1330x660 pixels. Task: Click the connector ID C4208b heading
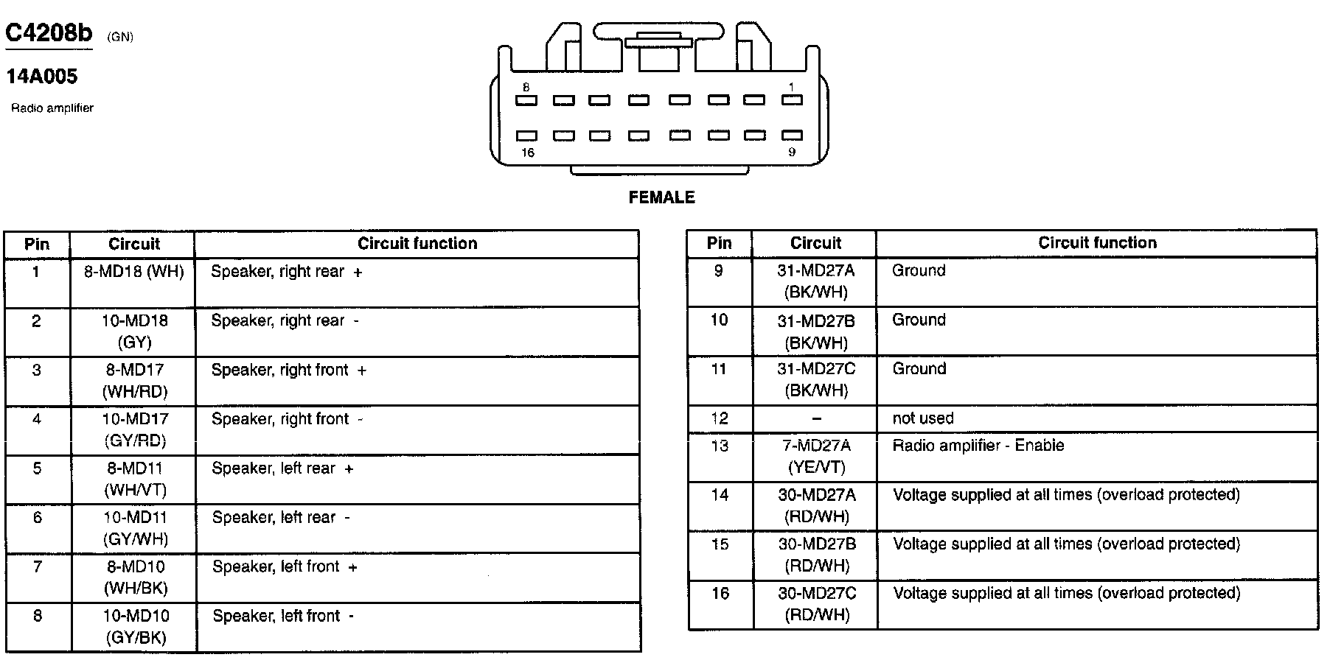tap(49, 33)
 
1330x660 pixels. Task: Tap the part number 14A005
tap(42, 77)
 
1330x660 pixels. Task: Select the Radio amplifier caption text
tap(52, 108)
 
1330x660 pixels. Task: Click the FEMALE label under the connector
tap(661, 197)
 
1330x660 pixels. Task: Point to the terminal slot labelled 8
tap(526, 100)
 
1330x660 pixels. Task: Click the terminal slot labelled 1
tap(791, 100)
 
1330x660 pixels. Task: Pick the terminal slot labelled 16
tap(526, 136)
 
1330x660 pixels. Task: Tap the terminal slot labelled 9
tap(791, 136)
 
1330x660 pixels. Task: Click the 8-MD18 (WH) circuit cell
tap(133, 272)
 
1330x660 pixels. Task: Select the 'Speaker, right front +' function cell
tap(288, 371)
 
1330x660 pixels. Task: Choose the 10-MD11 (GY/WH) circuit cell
tap(135, 528)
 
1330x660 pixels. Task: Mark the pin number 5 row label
tap(37, 468)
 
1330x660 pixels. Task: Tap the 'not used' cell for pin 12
tap(923, 418)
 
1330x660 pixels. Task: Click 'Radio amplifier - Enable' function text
tap(978, 446)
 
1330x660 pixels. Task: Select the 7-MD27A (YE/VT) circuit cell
tap(815, 457)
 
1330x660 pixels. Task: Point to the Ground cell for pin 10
tap(919, 320)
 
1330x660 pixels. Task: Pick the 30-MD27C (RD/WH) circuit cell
tap(815, 605)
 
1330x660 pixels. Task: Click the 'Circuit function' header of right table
tap(1097, 243)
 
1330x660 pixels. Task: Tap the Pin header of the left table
tap(37, 245)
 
